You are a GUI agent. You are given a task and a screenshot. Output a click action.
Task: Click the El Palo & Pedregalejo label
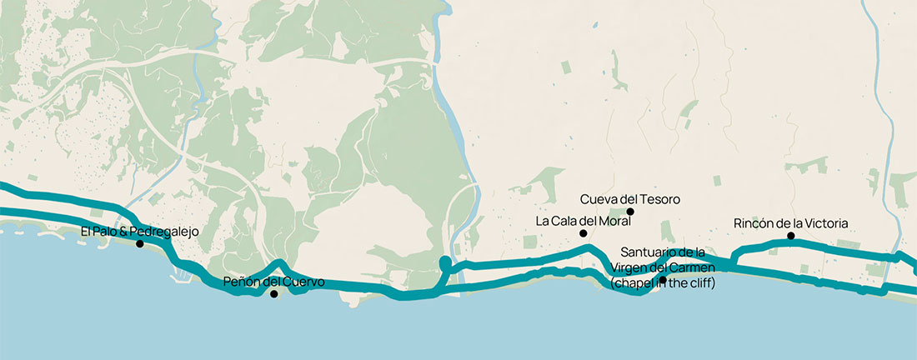pyautogui.click(x=140, y=232)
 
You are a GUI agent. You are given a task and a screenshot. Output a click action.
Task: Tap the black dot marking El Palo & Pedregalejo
pyautogui.click(x=140, y=244)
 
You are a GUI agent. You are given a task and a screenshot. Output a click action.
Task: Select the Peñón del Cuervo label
pyautogui.click(x=273, y=282)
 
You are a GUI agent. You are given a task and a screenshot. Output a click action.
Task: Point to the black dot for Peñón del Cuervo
pyautogui.click(x=273, y=294)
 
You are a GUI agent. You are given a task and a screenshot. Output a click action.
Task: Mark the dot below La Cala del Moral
pyautogui.click(x=584, y=233)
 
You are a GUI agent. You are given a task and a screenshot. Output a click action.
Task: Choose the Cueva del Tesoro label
pyautogui.click(x=630, y=199)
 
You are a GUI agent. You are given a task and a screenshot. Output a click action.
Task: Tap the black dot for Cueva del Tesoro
pyautogui.click(x=630, y=212)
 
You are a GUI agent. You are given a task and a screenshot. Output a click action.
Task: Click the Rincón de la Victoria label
pyautogui.click(x=790, y=223)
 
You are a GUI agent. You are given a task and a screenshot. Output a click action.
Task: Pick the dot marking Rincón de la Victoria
pyautogui.click(x=790, y=236)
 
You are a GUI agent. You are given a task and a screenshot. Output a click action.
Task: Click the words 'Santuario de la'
pyautogui.click(x=664, y=252)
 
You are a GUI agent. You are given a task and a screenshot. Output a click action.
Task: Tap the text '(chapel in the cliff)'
pyautogui.click(x=663, y=283)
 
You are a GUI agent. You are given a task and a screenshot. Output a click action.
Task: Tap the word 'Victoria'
pyautogui.click(x=824, y=223)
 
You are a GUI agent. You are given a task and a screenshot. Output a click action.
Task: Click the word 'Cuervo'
pyautogui.click(x=303, y=282)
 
